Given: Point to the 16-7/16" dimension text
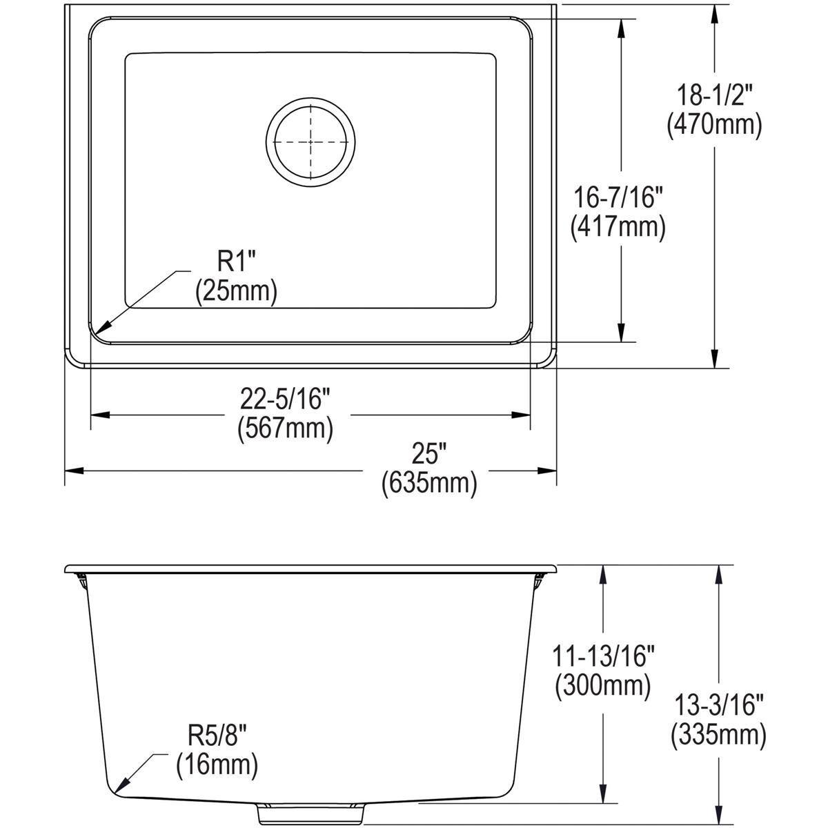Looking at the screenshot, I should (x=618, y=198).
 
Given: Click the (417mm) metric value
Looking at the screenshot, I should (x=618, y=227).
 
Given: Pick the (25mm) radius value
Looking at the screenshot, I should (x=236, y=290).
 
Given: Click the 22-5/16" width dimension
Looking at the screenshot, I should (x=286, y=399).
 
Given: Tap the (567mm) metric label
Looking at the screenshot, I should (x=286, y=428).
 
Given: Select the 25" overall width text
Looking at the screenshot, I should (x=429, y=454).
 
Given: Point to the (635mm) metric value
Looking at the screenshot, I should (x=429, y=483).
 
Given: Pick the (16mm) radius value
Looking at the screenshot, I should (x=217, y=765).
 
